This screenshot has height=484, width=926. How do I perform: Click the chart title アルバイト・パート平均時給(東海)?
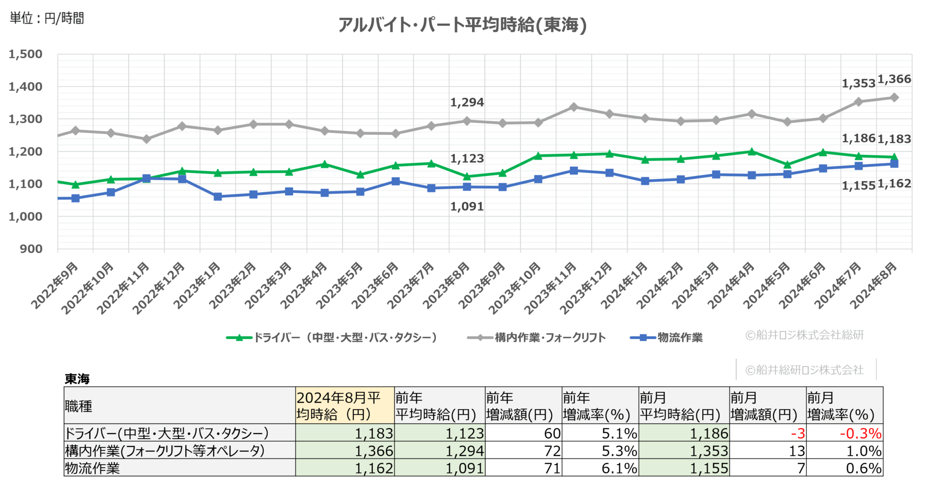click(462, 25)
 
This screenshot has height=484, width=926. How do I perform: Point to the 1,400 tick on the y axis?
click(26, 87)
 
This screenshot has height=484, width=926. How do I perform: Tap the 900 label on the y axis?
click(31, 249)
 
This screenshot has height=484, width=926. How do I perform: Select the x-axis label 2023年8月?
click(446, 285)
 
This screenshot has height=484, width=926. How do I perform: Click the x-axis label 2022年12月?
click(159, 288)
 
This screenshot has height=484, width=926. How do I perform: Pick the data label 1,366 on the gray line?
click(894, 79)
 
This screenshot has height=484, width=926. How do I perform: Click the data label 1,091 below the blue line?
click(466, 206)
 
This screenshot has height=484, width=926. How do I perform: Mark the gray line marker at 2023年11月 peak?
click(574, 107)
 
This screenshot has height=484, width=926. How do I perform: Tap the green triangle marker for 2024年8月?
click(894, 157)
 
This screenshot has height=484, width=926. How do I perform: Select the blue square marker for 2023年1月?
click(218, 196)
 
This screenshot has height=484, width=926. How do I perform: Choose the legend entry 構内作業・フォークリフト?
click(536, 337)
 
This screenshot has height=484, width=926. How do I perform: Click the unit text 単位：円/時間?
click(47, 18)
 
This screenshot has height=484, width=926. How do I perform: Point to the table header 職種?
click(79, 406)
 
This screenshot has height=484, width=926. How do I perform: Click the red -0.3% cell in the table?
click(860, 433)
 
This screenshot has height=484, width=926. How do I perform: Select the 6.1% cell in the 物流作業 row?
click(619, 468)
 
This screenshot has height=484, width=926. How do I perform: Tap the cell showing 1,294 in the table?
click(464, 450)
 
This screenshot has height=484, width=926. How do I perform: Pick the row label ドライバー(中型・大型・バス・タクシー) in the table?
click(166, 433)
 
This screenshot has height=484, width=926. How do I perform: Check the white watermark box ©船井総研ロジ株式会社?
click(805, 369)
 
